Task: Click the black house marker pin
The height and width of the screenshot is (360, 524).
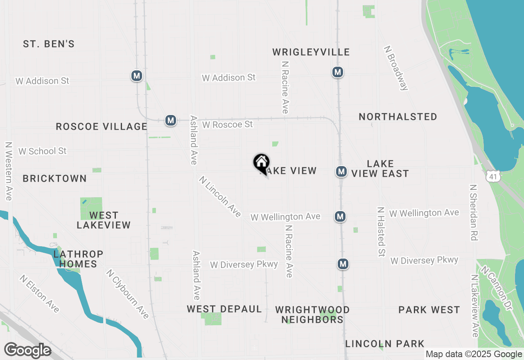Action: [261, 163]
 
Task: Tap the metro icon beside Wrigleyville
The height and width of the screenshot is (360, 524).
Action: [337, 72]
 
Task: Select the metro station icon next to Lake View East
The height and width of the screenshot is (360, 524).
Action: [341, 172]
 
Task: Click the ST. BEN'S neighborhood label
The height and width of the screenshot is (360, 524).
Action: [49, 44]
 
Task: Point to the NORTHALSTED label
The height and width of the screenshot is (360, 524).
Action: [398, 117]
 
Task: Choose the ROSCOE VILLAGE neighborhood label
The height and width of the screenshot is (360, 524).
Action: [102, 127]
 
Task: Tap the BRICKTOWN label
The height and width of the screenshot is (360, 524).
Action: [54, 179]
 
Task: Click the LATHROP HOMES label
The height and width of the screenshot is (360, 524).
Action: [78, 259]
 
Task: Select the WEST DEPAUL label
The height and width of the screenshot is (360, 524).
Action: [224, 309]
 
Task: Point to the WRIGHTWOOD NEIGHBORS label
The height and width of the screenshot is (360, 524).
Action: [312, 315]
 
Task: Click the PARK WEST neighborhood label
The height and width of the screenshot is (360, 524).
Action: [429, 310]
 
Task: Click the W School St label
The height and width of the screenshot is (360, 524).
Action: [42, 151]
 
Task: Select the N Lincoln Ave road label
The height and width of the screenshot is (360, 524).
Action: [220, 196]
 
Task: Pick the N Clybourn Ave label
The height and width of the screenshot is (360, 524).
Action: [127, 294]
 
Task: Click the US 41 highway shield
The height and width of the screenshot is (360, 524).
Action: [491, 176]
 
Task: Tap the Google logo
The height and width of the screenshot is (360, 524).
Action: [27, 350]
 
